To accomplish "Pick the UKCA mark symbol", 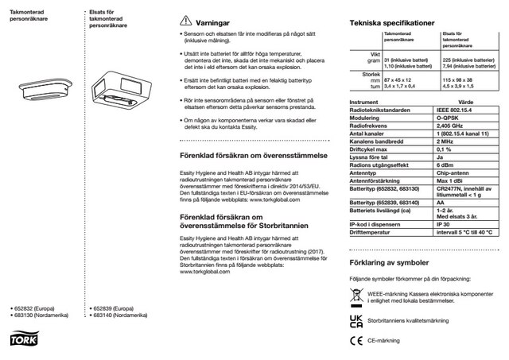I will [352, 320].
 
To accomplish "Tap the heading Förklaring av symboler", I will [384, 262].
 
